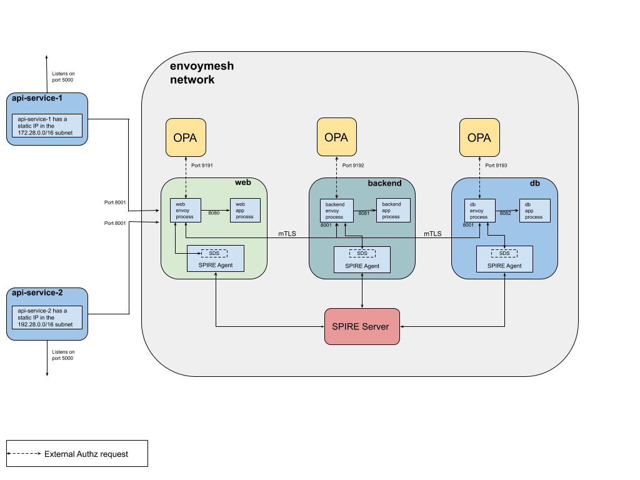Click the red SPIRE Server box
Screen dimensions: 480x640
tap(362, 326)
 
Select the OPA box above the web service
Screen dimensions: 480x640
tap(185, 137)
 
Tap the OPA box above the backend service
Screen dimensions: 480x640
tap(336, 137)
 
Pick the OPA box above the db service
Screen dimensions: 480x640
tap(479, 137)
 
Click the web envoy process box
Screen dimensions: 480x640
tap(185, 209)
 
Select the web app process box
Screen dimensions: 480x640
tap(245, 209)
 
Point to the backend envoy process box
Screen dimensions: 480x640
tap(336, 210)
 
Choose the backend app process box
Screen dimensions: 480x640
tap(392, 210)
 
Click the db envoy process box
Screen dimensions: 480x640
tap(479, 210)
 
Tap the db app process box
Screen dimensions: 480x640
tap(534, 210)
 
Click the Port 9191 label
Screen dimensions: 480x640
tap(202, 166)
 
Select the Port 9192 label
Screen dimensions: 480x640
tap(353, 166)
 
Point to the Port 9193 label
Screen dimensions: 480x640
tap(497, 166)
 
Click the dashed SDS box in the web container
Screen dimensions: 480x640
tap(214, 253)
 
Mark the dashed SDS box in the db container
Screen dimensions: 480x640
tap(504, 253)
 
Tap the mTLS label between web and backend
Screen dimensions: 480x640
tap(287, 234)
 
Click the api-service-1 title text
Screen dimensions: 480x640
tap(37, 98)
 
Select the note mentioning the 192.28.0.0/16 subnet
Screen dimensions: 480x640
tap(47, 317)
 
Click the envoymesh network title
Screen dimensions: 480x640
tap(202, 72)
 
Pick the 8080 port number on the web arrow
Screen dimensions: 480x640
tap(214, 213)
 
